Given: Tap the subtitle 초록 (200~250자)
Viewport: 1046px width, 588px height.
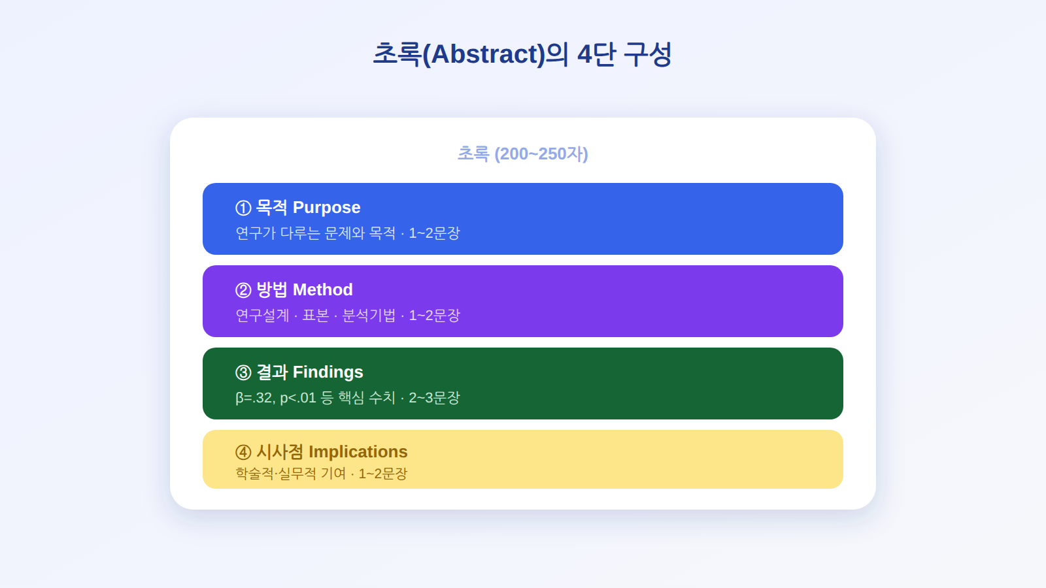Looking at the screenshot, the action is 522,154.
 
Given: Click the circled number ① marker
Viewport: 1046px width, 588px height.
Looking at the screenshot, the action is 243,208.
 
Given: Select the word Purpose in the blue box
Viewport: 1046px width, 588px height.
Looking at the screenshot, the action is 326,208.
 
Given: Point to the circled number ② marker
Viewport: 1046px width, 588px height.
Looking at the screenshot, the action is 243,290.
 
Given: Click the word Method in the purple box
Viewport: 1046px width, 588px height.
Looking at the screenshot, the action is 323,290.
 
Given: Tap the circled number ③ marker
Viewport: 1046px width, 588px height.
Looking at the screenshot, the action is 243,372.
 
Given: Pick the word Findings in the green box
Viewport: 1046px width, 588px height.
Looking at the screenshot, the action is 328,372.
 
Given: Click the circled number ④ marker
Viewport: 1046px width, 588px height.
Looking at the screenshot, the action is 243,452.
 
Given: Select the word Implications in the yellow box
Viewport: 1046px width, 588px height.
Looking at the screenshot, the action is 358,451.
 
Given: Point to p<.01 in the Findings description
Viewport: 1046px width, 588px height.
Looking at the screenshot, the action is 298,398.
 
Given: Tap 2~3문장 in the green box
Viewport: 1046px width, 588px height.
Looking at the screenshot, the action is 434,398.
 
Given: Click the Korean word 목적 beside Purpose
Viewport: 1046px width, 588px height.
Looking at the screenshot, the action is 272,208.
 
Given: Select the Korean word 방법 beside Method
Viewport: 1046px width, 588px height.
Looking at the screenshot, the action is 272,290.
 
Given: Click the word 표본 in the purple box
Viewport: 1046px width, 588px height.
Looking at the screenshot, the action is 316,316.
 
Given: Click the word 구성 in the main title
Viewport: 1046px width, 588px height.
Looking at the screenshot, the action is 648,54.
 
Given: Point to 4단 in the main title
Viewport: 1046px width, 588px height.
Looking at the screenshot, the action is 596,54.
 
